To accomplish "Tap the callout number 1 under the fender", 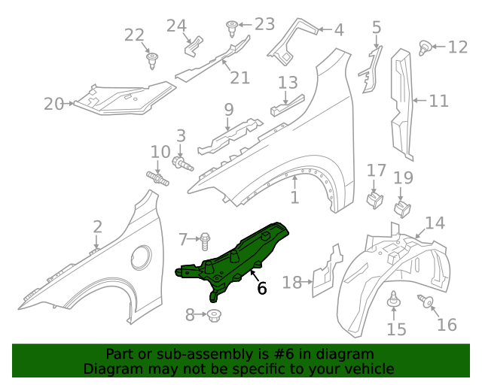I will click(x=294, y=198).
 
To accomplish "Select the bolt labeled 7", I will click(x=204, y=240).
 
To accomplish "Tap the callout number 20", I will click(x=53, y=104).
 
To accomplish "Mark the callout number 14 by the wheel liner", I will click(x=435, y=223).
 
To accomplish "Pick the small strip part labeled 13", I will click(x=287, y=105).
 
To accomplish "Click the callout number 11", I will click(x=438, y=99).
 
